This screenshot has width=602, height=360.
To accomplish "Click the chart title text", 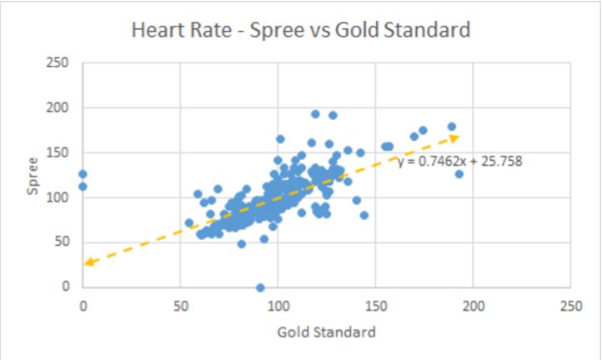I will pos(301,31).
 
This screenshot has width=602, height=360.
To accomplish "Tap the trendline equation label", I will pos(459,161).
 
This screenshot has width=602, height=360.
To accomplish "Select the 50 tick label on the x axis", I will pos(180,305).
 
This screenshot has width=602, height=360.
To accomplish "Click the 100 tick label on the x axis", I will pos(278,305).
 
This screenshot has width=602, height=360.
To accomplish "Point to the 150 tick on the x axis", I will pos(375,305).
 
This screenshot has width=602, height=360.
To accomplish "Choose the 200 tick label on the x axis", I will pos(473,305).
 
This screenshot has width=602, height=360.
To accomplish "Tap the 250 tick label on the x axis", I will pos(570,305).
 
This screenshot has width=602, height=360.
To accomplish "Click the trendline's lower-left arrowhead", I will pos(88,263).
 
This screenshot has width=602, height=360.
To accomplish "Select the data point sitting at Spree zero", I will pos(260,287).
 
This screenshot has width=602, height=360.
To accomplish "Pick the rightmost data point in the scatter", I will pos(459,174).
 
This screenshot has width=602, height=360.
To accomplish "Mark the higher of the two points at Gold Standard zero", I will pos(83,174).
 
